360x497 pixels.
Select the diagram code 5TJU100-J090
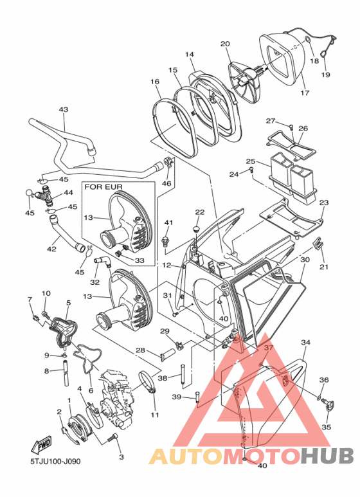55,461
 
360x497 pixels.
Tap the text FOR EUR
104,187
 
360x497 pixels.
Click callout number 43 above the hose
64,110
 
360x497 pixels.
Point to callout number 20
225,44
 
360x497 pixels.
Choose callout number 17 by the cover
305,93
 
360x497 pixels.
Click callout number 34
305,342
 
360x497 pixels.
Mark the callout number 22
200,212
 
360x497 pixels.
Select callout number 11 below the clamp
155,415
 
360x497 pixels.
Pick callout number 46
166,183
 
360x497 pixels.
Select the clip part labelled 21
318,244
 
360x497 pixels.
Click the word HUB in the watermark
327,456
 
